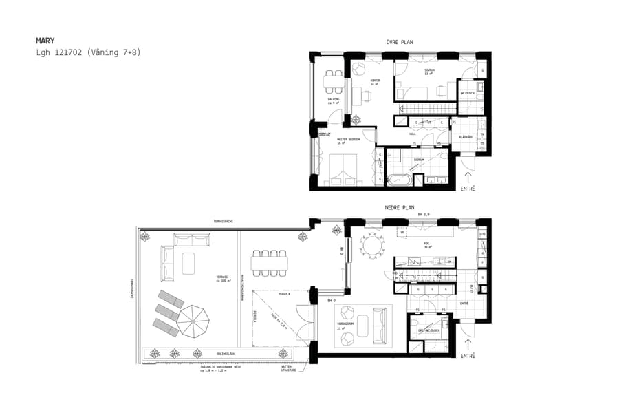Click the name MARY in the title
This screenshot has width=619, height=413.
point(45,41)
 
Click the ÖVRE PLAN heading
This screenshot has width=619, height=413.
point(399,42)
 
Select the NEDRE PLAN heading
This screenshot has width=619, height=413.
point(399,207)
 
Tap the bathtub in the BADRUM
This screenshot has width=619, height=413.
point(398,180)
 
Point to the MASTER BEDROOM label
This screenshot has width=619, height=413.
point(349,140)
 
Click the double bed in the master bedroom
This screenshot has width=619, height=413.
point(343,170)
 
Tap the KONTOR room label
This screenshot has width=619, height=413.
point(375,81)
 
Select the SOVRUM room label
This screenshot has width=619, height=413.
point(429,71)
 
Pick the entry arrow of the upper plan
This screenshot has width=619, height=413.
point(468,179)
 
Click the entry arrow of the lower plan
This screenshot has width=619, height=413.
point(468,345)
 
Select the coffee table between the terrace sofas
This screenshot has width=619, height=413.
point(188,262)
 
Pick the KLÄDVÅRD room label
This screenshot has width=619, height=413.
point(466,137)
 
